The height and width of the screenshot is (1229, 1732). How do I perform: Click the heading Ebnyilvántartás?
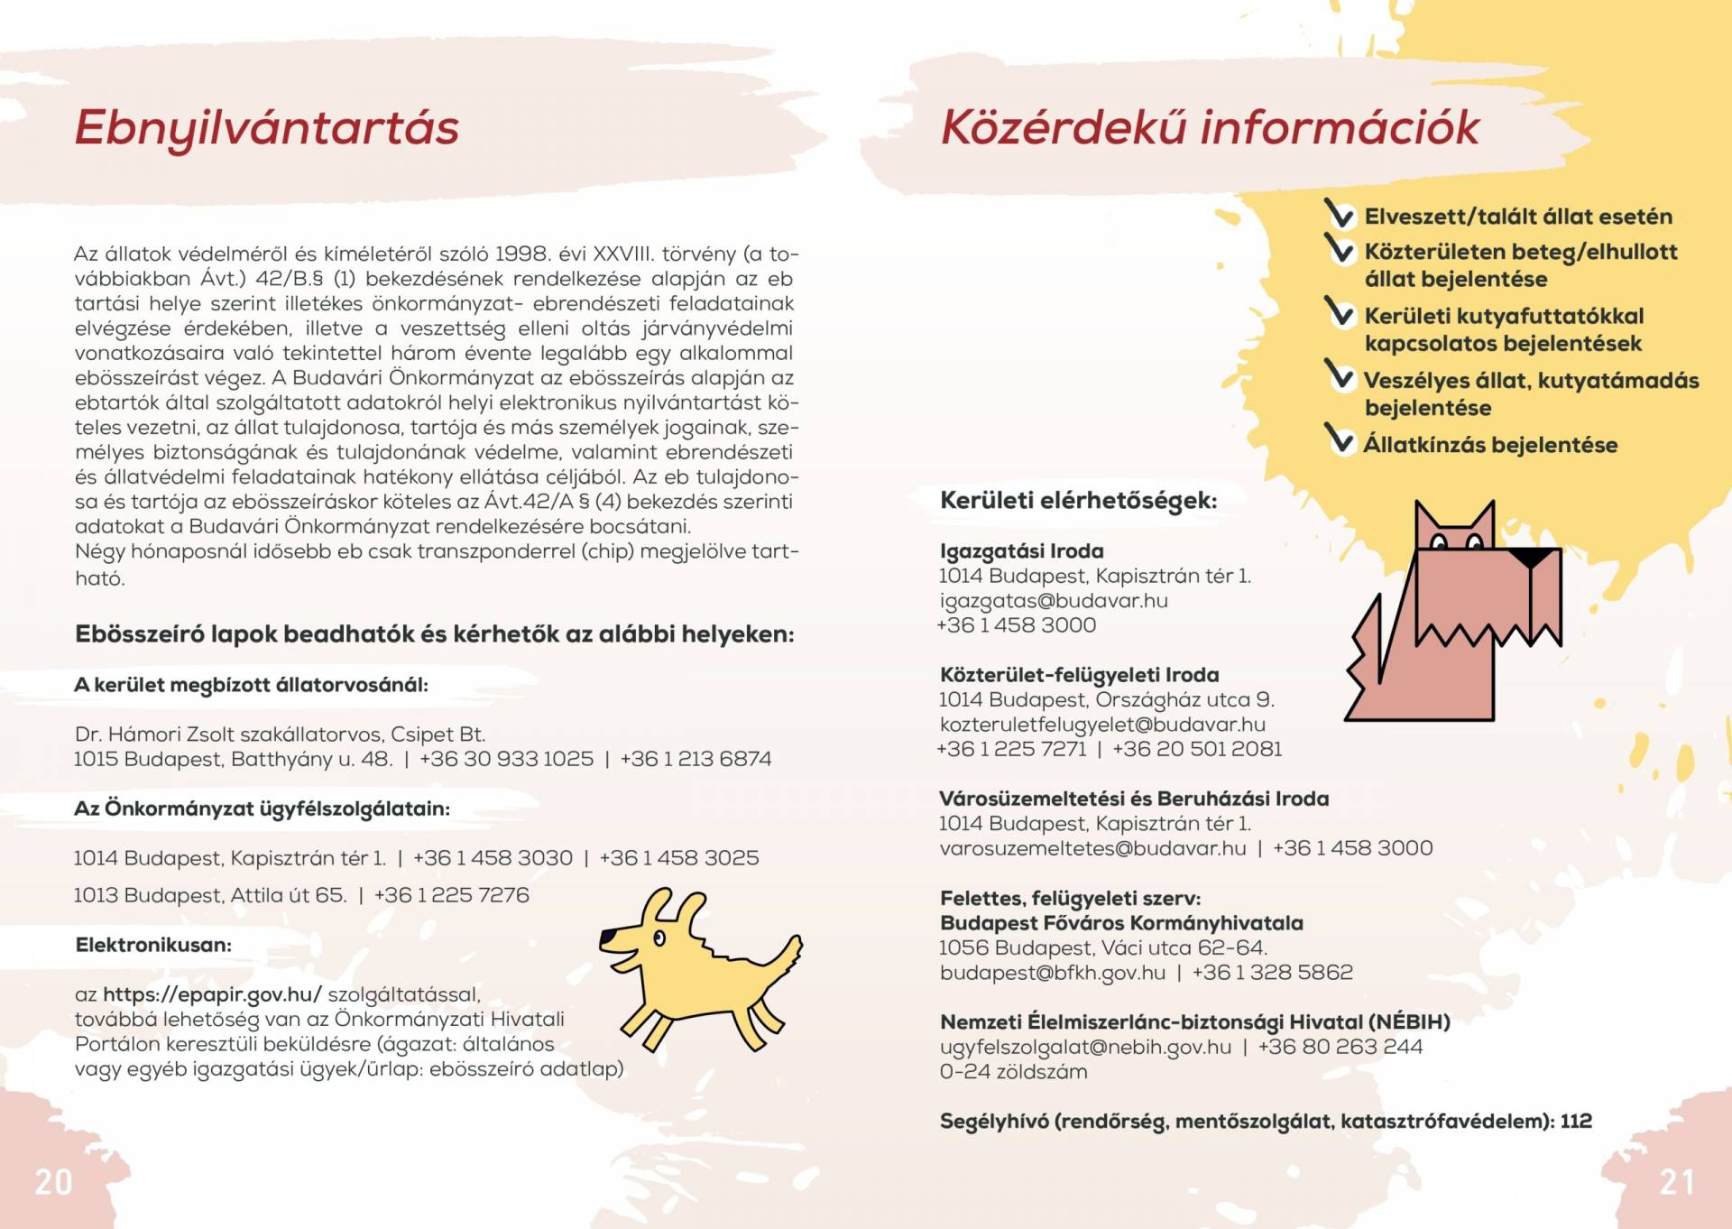pyautogui.click(x=267, y=127)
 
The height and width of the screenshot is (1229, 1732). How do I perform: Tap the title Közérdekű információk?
pyautogui.click(x=1210, y=127)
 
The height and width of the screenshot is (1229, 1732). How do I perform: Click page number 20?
pyautogui.click(x=53, y=1182)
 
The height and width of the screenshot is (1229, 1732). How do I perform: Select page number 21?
pyautogui.click(x=1677, y=1182)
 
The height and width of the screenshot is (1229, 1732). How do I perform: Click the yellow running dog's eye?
pyautogui.click(x=659, y=938)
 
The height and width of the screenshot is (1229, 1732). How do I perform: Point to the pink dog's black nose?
pyautogui.click(x=1532, y=558)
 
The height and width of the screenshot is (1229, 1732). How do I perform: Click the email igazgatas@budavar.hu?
pyautogui.click(x=1054, y=601)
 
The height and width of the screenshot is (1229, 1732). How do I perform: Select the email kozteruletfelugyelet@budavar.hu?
pyautogui.click(x=1102, y=725)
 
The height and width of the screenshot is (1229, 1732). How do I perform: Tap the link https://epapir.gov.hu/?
pyautogui.click(x=212, y=994)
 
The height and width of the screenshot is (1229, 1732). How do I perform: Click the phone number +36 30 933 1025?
pyautogui.click(x=506, y=759)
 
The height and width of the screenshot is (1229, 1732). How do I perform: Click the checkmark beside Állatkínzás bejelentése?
pyautogui.click(x=1340, y=439)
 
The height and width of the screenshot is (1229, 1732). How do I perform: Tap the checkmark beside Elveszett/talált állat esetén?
pyautogui.click(x=1340, y=213)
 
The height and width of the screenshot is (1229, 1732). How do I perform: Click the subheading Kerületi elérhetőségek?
pyautogui.click(x=1078, y=501)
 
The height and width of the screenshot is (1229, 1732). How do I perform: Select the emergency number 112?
pyautogui.click(x=1576, y=1121)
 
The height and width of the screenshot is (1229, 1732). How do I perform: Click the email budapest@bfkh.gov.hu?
pyautogui.click(x=1053, y=973)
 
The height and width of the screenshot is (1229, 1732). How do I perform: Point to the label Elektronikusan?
pyautogui.click(x=153, y=945)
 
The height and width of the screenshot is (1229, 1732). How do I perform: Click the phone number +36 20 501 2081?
pyautogui.click(x=1197, y=749)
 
